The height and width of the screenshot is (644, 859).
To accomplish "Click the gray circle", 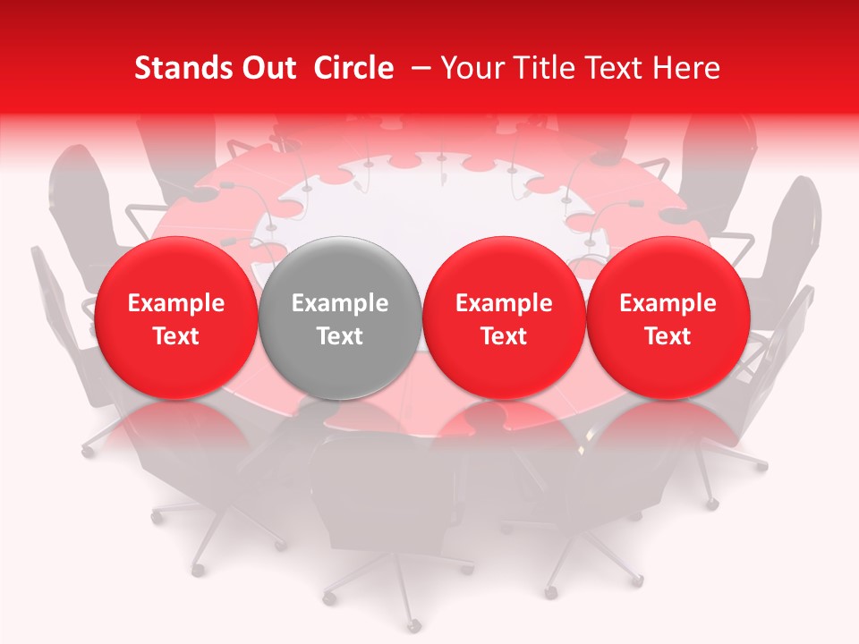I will click(339, 318).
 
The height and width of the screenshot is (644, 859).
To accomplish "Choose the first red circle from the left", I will click(175, 318).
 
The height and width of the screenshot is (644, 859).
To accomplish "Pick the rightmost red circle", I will click(668, 318).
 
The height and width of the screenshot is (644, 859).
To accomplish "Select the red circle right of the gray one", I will click(504, 318).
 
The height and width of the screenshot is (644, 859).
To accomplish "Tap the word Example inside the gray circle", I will click(340, 303).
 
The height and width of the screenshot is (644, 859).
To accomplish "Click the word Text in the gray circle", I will click(340, 336).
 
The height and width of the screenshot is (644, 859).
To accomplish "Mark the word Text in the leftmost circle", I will click(176, 336).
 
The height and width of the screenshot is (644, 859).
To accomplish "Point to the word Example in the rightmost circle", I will click(668, 303).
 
